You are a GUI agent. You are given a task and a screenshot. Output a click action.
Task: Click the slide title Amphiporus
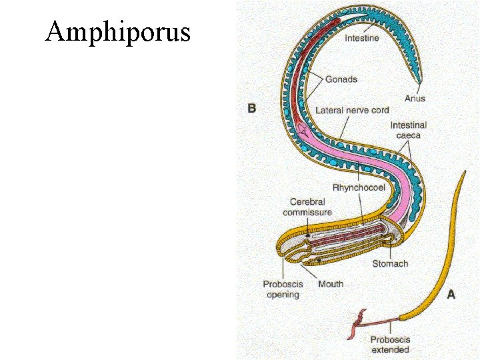click(x=117, y=31)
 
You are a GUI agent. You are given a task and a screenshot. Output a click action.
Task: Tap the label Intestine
click(x=362, y=38)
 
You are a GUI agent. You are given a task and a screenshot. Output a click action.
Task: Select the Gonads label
click(x=341, y=79)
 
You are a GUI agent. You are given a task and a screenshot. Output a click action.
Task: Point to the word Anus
click(x=415, y=99)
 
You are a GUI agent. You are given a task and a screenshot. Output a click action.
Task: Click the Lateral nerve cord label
click(x=352, y=110)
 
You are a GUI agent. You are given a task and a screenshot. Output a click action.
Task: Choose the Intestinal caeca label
click(x=408, y=130)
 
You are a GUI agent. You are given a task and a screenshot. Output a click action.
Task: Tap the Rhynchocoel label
click(x=359, y=188)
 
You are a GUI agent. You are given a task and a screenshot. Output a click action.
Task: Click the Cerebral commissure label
click(x=307, y=207)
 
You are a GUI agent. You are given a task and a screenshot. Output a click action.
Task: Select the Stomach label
click(x=390, y=263)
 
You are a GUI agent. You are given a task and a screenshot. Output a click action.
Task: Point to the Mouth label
click(x=331, y=284)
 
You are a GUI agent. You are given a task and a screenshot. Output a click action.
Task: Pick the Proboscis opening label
click(x=283, y=289)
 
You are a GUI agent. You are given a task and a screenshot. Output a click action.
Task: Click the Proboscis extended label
click(x=390, y=345)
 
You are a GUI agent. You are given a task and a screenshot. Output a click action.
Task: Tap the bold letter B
click(x=252, y=107)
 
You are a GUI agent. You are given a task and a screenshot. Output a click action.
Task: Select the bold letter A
click(x=451, y=294)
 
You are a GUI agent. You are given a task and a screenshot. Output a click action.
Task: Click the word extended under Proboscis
click(x=391, y=349)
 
